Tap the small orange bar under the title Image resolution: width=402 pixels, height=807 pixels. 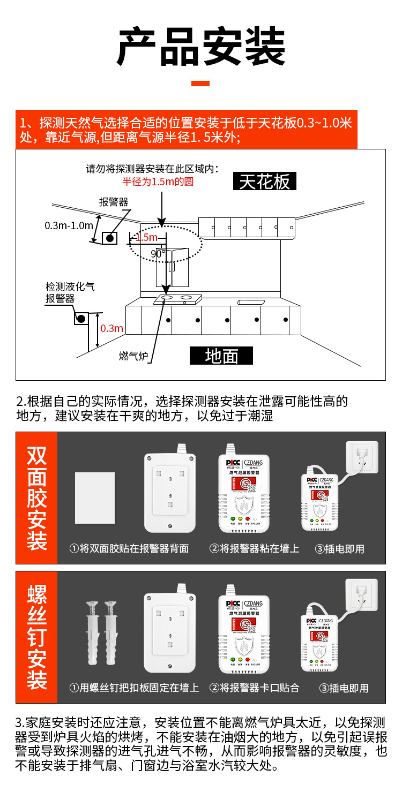[x=201, y=83]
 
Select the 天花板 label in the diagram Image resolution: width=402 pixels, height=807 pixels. [x=265, y=182]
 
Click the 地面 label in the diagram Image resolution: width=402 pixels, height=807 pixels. [x=221, y=356]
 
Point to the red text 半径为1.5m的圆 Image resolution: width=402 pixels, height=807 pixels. [x=158, y=182]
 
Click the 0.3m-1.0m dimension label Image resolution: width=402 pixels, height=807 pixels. [x=69, y=225]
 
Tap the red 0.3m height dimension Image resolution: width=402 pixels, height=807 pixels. [x=112, y=328]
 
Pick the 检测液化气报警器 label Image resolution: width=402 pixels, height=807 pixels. [x=70, y=293]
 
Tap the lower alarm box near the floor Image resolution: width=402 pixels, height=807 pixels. [x=81, y=319]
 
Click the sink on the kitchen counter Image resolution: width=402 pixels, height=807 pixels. [x=252, y=302]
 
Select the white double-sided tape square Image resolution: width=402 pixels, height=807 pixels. [x=95, y=498]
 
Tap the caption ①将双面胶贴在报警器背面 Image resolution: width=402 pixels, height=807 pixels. [x=129, y=549]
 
